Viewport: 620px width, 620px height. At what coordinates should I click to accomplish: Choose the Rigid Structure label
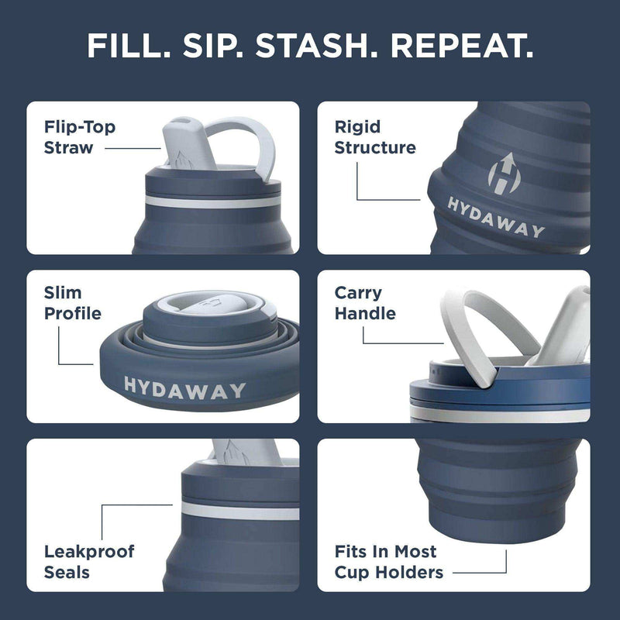pyautogui.click(x=375, y=136)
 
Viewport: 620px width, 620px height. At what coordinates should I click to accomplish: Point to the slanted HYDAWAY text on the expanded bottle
pyautogui.click(x=496, y=217)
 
